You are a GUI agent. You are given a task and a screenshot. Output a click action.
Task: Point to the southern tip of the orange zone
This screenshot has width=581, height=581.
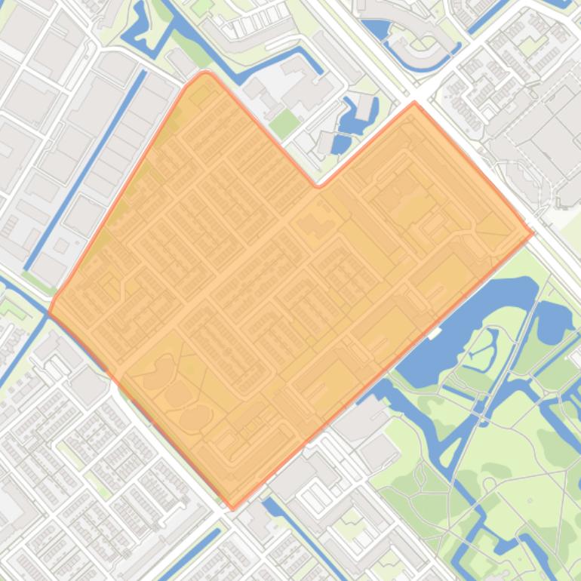tap(232, 508)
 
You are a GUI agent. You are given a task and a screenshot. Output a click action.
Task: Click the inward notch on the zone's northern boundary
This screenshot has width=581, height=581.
tap(318, 185)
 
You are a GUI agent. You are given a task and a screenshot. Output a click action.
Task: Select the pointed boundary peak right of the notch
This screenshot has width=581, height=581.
tap(414, 103)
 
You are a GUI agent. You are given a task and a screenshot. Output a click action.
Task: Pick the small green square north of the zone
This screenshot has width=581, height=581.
tap(283, 123)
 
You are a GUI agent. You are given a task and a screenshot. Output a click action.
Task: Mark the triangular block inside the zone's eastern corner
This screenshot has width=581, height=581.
tap(495, 224)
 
